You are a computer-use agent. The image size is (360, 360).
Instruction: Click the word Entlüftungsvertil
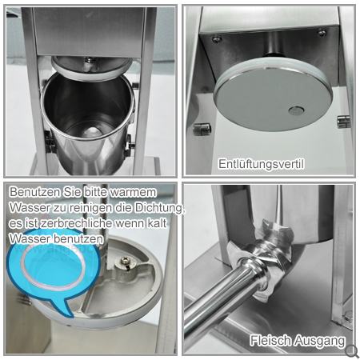coord(261,164)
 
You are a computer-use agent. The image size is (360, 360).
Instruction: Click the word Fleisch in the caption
coord(270,341)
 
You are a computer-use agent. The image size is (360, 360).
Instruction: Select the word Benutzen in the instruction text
coord(35,192)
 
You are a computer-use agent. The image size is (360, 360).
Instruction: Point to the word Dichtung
coord(159,208)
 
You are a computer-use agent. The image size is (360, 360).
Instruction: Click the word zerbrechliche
coord(74,223)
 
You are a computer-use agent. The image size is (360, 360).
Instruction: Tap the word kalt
coord(158,223)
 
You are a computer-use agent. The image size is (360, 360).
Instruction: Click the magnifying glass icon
coord(351,351)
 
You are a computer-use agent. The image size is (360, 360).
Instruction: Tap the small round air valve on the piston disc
coord(297,110)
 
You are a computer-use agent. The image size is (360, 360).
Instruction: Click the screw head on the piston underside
coord(124,262)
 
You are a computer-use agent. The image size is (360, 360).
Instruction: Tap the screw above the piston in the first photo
coord(90,60)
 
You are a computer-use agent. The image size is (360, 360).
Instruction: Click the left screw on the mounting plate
coord(217,40)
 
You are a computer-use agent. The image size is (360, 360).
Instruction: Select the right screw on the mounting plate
coord(322,33)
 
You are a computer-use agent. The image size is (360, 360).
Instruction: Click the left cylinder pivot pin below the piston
coord(202,129)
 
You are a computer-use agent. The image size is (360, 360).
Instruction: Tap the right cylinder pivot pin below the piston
coord(343,122)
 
